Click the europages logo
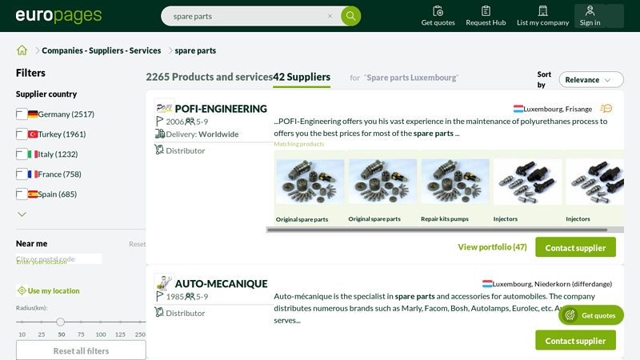click(x=59, y=16)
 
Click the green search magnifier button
click(x=350, y=16)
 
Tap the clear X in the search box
click(x=330, y=16)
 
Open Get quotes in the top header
click(x=438, y=16)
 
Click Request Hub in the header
click(x=486, y=16)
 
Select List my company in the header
click(x=542, y=16)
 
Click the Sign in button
click(x=590, y=16)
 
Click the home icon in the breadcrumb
click(x=22, y=50)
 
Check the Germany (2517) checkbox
click(x=22, y=114)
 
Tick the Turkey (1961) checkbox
click(x=22, y=134)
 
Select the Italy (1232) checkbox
click(x=22, y=154)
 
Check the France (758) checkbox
click(x=22, y=174)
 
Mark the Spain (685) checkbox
click(x=22, y=194)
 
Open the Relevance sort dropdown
click(x=590, y=80)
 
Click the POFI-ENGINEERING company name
click(x=221, y=109)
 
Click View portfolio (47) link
click(x=492, y=247)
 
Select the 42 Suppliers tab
click(x=302, y=78)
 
